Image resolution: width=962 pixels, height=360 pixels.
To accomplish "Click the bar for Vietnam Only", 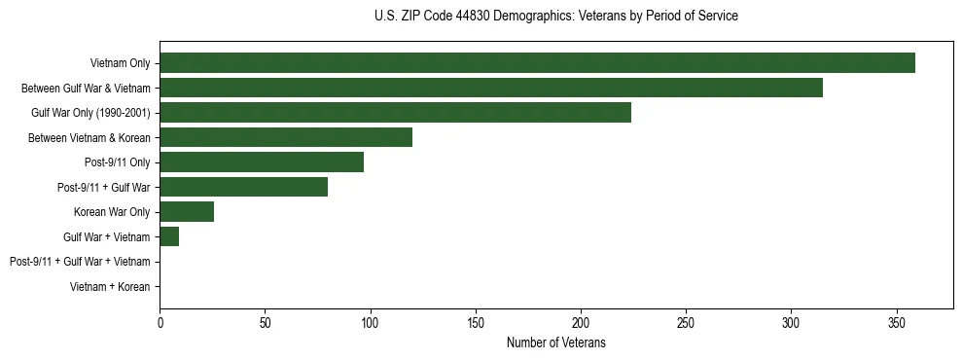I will click(537, 63).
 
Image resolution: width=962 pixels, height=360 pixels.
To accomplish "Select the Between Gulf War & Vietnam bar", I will click(491, 88).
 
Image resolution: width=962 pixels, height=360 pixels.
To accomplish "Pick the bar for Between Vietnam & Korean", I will click(286, 137).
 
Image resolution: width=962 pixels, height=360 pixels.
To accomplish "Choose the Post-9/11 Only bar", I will click(262, 162).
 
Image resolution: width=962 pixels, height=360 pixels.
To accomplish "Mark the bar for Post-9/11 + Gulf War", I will click(243, 187).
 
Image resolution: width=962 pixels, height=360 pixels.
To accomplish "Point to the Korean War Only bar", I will click(187, 212).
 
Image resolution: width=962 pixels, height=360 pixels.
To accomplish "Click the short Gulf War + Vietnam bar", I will click(169, 236).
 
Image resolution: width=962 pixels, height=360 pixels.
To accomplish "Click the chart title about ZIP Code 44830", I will click(555, 17).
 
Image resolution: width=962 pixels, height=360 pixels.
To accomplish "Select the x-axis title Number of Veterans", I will click(555, 342).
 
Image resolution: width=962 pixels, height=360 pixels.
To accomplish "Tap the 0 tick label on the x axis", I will click(160, 322).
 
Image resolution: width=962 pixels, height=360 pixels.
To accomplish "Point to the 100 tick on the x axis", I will click(371, 322).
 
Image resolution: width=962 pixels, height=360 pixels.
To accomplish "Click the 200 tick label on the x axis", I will click(581, 322).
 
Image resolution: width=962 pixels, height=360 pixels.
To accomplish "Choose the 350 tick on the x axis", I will click(896, 322).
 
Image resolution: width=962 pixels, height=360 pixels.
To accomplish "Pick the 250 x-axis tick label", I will click(686, 322).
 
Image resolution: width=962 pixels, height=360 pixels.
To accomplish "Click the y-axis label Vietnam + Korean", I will click(110, 287).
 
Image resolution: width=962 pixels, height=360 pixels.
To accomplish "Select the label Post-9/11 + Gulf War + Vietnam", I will click(80, 262).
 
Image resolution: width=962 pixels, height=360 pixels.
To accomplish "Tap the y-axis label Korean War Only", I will click(112, 212).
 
